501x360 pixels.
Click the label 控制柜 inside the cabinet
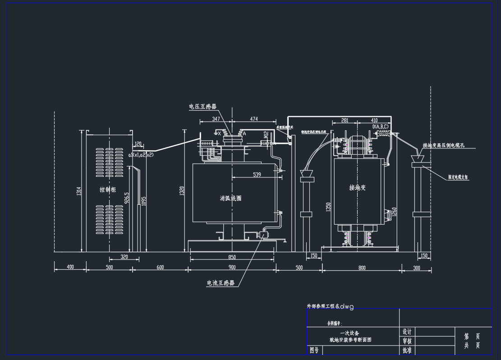point(108,190)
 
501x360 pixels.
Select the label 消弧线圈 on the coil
point(230,198)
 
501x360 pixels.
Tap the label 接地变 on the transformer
point(357,188)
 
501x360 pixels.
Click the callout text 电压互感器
point(202,107)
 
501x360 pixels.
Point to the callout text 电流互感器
point(221,283)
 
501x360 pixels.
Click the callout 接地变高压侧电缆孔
point(443,146)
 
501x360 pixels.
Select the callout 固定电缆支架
point(458,178)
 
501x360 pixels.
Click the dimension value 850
point(232,258)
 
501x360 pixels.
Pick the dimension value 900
point(232,268)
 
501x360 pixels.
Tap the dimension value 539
point(257,175)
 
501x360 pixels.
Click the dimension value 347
point(216,119)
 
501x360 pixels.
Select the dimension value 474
point(254,119)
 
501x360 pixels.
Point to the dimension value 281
point(345,120)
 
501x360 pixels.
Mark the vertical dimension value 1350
point(329,207)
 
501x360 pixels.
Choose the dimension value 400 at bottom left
point(70,267)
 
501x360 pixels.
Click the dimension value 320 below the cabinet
point(124,257)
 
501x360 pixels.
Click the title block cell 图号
point(314,350)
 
